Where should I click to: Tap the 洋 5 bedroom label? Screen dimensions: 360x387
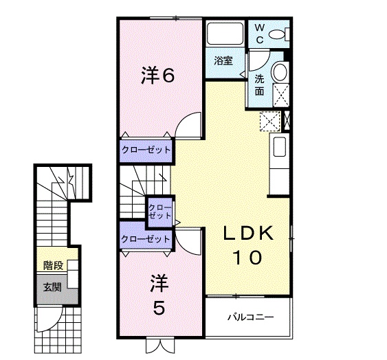[159, 293]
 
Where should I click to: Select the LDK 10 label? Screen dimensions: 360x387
[249, 246]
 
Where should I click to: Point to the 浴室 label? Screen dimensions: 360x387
[223, 60]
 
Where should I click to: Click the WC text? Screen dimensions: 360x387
[260, 33]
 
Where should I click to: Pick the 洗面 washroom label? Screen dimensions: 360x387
[260, 84]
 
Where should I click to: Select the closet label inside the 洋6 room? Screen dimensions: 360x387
[146, 149]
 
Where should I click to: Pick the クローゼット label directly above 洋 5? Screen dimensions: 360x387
[145, 238]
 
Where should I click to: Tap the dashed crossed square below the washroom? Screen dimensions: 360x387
[269, 120]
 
